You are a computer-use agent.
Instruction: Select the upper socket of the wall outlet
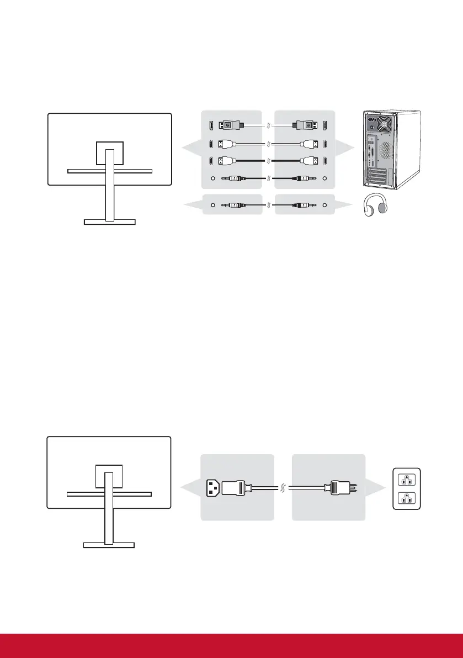[x=406, y=480]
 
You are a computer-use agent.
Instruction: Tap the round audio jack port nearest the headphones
[x=324, y=205]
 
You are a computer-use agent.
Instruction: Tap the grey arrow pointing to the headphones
[x=344, y=205]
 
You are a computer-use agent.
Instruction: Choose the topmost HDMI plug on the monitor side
[x=227, y=145]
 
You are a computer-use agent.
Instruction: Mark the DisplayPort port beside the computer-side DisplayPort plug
[x=324, y=125]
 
